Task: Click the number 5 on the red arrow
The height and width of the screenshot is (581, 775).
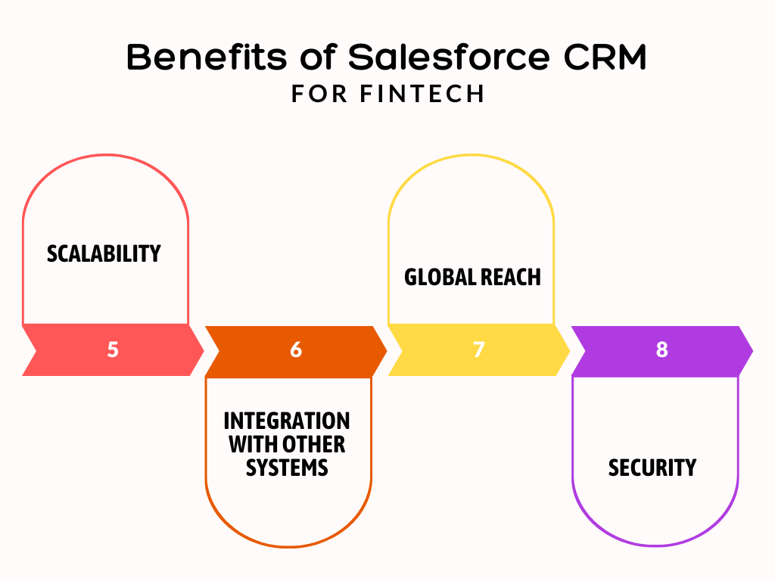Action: pyautogui.click(x=113, y=350)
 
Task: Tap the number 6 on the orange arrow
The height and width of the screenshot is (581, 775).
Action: pyautogui.click(x=296, y=350)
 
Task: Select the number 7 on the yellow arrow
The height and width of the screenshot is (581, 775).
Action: pyautogui.click(x=478, y=350)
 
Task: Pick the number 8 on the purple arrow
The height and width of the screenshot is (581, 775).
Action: pyautogui.click(x=662, y=350)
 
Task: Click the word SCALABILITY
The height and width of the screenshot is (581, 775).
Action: pyautogui.click(x=104, y=253)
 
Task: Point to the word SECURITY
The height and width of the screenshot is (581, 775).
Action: pyautogui.click(x=652, y=468)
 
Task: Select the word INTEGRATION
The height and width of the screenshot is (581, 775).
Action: pyautogui.click(x=287, y=421)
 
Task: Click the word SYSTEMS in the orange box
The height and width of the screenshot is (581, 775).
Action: pyautogui.click(x=287, y=468)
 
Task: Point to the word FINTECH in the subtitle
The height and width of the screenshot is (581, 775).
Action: pyautogui.click(x=422, y=94)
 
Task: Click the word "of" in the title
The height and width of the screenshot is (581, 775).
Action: pyautogui.click(x=314, y=58)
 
